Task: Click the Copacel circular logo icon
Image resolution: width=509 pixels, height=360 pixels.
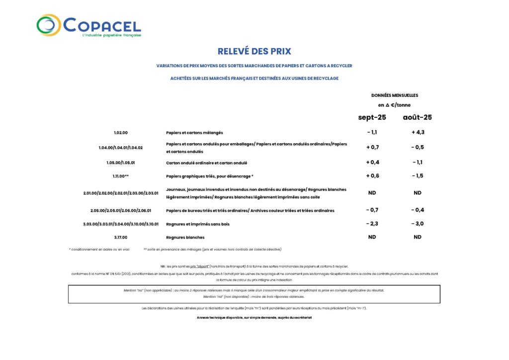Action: coord(49,25)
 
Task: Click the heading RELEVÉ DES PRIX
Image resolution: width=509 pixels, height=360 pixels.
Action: coord(254,51)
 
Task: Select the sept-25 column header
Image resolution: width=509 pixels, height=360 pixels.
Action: coord(372,118)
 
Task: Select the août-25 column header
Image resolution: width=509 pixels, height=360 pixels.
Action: coord(417,118)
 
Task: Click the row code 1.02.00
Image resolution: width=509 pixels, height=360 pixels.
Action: coord(121,133)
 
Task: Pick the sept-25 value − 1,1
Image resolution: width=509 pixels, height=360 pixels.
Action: coord(372,132)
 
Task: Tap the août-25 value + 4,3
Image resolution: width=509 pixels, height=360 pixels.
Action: coord(418,132)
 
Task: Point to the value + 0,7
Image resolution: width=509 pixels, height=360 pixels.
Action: coord(372,147)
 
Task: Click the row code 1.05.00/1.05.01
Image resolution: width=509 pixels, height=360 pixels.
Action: coord(121,163)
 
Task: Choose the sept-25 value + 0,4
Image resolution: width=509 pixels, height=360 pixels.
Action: coord(372,162)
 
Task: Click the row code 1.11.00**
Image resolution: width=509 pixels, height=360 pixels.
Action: coord(121,176)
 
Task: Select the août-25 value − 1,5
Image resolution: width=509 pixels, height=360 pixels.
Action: coord(418,176)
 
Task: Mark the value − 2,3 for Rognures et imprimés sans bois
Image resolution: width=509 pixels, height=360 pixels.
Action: coord(372,224)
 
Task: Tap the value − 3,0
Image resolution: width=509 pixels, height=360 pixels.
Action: coord(418,224)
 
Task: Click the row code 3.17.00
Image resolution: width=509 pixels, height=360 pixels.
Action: coord(121,237)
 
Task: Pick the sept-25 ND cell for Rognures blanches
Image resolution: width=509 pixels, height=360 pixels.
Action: coord(372,237)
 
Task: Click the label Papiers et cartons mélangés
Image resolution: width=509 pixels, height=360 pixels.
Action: coord(194,133)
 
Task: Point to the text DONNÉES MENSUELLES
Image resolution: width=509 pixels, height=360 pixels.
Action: coord(395,95)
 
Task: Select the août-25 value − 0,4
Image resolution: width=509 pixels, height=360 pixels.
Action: coord(418,210)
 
